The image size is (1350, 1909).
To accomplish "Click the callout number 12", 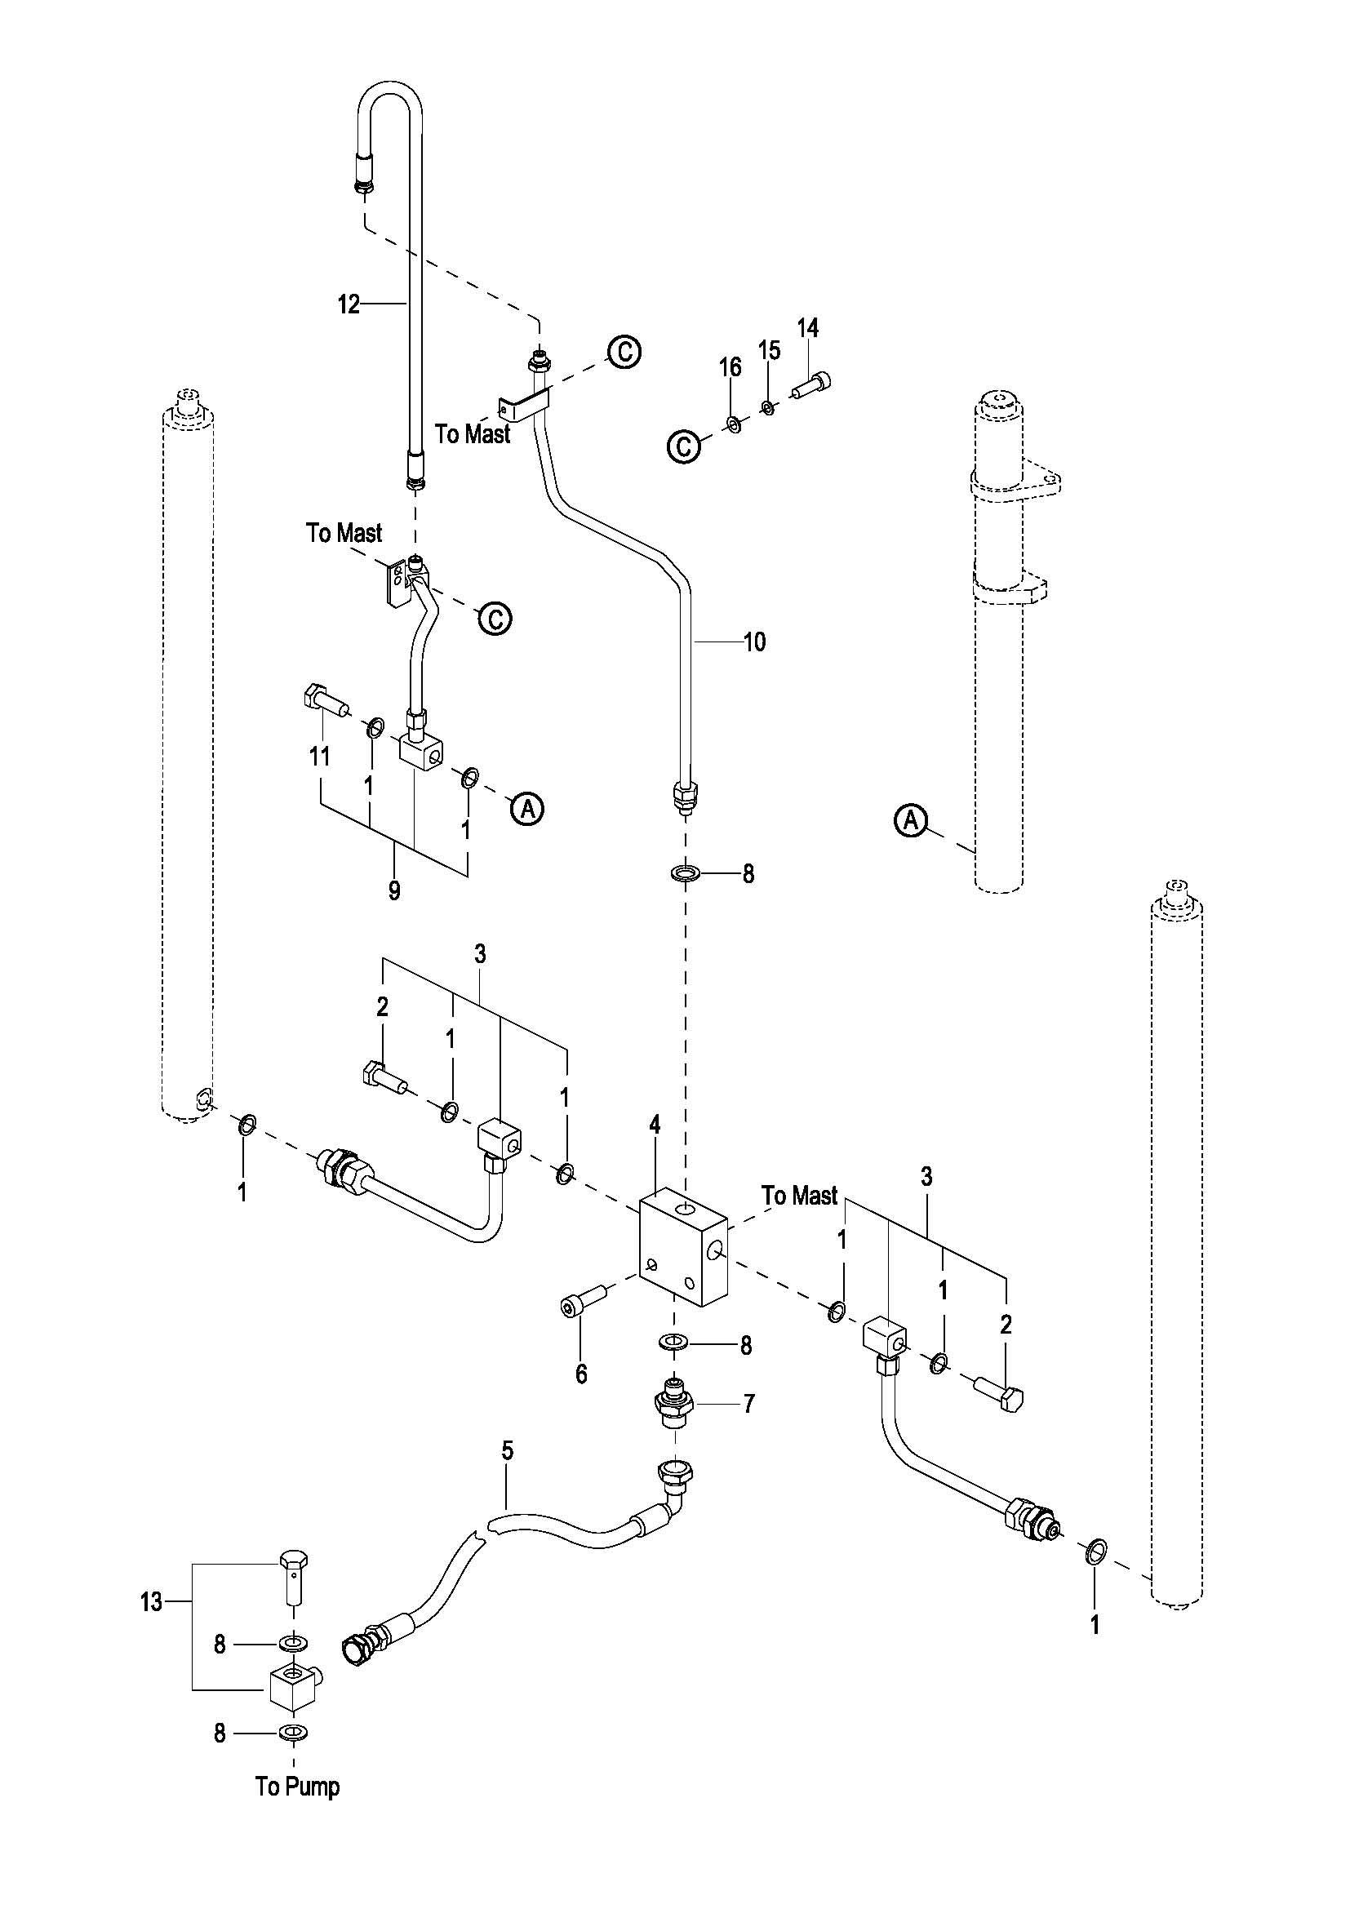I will (x=349, y=305).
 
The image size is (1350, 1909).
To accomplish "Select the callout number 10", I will (x=754, y=642).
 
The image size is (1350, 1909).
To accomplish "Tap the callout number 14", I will (x=808, y=328).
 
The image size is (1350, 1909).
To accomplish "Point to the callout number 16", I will (x=730, y=367).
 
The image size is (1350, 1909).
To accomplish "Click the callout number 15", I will (x=770, y=350).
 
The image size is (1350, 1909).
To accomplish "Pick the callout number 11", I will (x=320, y=756).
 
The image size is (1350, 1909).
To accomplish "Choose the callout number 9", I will (x=394, y=891).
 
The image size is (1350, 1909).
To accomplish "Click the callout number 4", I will (x=655, y=1125).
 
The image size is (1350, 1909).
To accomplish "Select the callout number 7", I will (x=749, y=1405).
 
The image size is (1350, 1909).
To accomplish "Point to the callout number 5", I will (x=507, y=1474).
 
